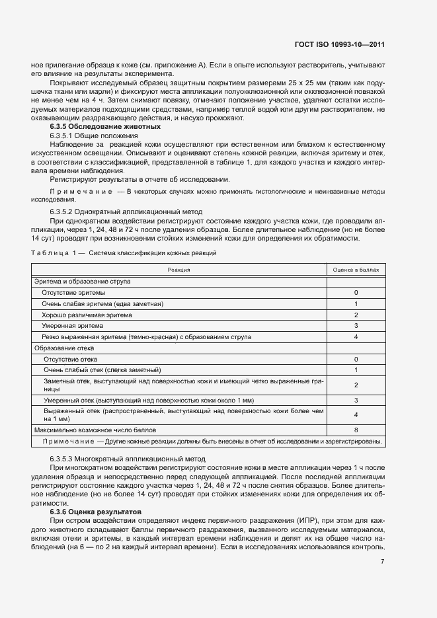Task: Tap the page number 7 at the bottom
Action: (x=382, y=562)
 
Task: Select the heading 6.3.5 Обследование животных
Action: (x=104, y=126)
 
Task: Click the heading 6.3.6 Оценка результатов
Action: (x=98, y=512)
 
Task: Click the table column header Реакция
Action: (x=179, y=270)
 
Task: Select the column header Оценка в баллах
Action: (x=356, y=270)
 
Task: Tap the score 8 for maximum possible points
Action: (x=356, y=430)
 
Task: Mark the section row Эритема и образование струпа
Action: (x=82, y=281)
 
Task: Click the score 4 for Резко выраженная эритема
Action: (x=356, y=337)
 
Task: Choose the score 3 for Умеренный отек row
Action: (x=356, y=401)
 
